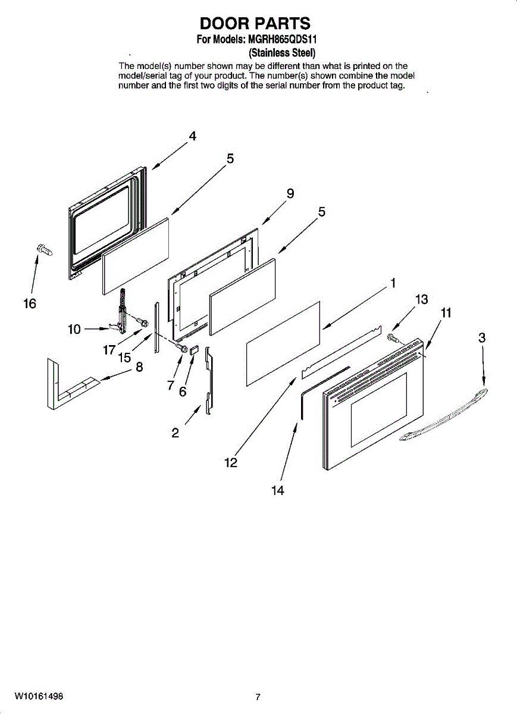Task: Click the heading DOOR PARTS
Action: (255, 23)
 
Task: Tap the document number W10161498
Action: (39, 696)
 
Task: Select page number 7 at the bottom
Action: (258, 697)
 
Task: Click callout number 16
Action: (29, 303)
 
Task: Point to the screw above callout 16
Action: (43, 250)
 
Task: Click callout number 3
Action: (482, 338)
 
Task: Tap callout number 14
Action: (277, 490)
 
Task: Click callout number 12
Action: (231, 462)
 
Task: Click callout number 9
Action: (290, 193)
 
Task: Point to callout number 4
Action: (192, 136)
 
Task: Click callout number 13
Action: (421, 299)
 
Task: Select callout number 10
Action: (74, 329)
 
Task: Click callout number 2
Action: (175, 433)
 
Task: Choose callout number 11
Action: (446, 312)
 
